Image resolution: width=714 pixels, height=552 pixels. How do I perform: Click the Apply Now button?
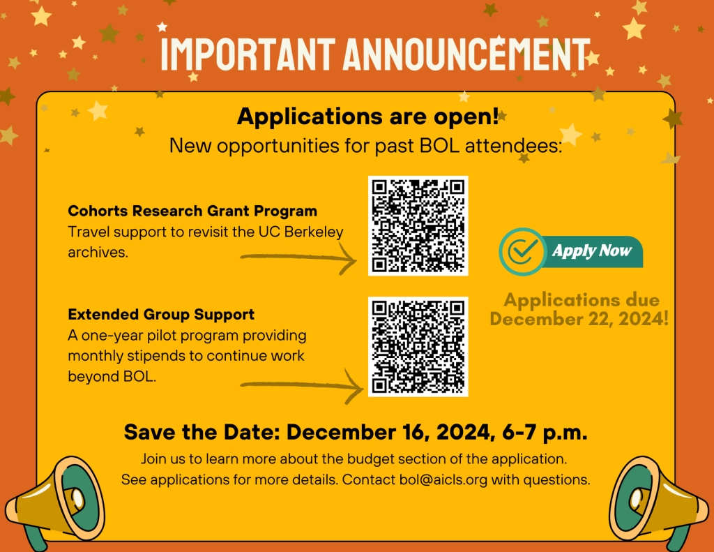click(571, 252)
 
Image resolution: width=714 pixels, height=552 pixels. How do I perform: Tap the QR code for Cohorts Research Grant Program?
click(418, 225)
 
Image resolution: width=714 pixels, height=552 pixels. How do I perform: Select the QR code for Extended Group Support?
click(418, 346)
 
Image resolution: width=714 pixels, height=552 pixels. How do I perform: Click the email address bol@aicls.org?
click(443, 480)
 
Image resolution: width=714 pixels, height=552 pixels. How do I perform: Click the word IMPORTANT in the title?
click(248, 54)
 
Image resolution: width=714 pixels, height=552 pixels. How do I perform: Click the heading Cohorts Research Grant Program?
click(192, 211)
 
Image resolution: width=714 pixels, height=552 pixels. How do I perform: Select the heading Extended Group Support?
click(161, 315)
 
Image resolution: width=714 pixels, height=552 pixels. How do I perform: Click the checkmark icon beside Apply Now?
click(522, 252)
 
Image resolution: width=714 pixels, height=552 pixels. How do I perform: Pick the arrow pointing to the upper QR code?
click(298, 258)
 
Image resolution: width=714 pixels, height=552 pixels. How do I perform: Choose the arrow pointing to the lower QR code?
click(301, 386)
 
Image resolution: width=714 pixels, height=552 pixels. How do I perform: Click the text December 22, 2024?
click(579, 319)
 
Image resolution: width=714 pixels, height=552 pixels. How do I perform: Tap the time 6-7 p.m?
click(545, 432)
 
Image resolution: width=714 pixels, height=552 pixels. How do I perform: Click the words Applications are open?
click(368, 117)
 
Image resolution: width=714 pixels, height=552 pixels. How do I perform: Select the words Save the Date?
click(202, 432)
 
